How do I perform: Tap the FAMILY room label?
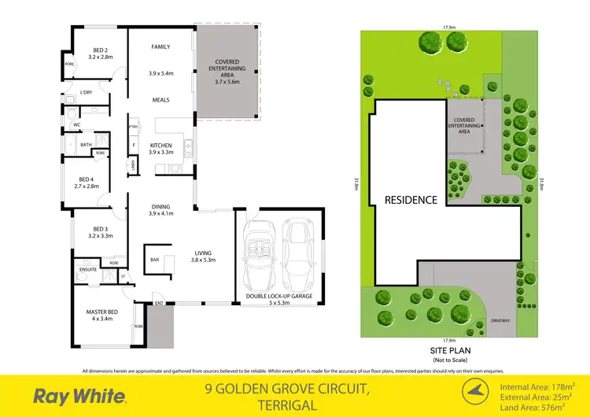(x=160, y=47)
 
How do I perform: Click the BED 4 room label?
(x=86, y=182)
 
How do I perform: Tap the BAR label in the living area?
(x=154, y=258)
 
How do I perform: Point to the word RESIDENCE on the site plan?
(x=410, y=200)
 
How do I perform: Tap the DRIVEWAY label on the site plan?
(x=500, y=321)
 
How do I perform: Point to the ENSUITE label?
(x=87, y=269)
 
